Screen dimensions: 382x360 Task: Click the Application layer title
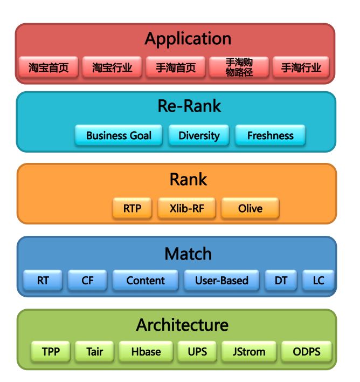pos(188,39)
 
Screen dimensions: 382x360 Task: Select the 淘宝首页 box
pos(49,67)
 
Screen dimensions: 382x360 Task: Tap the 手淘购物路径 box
pos(239,67)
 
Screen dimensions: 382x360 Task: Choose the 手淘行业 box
pos(301,67)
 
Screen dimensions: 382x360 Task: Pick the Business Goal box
pos(119,135)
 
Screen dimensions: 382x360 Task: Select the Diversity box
pos(199,135)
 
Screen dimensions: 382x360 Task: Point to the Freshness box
pos(270,135)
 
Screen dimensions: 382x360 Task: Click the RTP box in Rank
pos(133,208)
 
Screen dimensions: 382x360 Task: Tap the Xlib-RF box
pos(188,208)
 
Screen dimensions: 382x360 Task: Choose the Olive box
pos(250,208)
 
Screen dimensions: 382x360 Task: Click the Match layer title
pos(188,254)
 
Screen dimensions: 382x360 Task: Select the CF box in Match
pos(87,281)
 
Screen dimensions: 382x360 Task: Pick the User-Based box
pos(221,281)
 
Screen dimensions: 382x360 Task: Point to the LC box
pos(319,281)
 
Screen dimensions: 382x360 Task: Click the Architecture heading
pos(182,325)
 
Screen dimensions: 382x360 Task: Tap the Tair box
pos(94,352)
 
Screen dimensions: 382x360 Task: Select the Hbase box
pos(146,352)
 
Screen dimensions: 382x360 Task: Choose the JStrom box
pos(248,352)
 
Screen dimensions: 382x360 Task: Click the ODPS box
pos(306,352)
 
